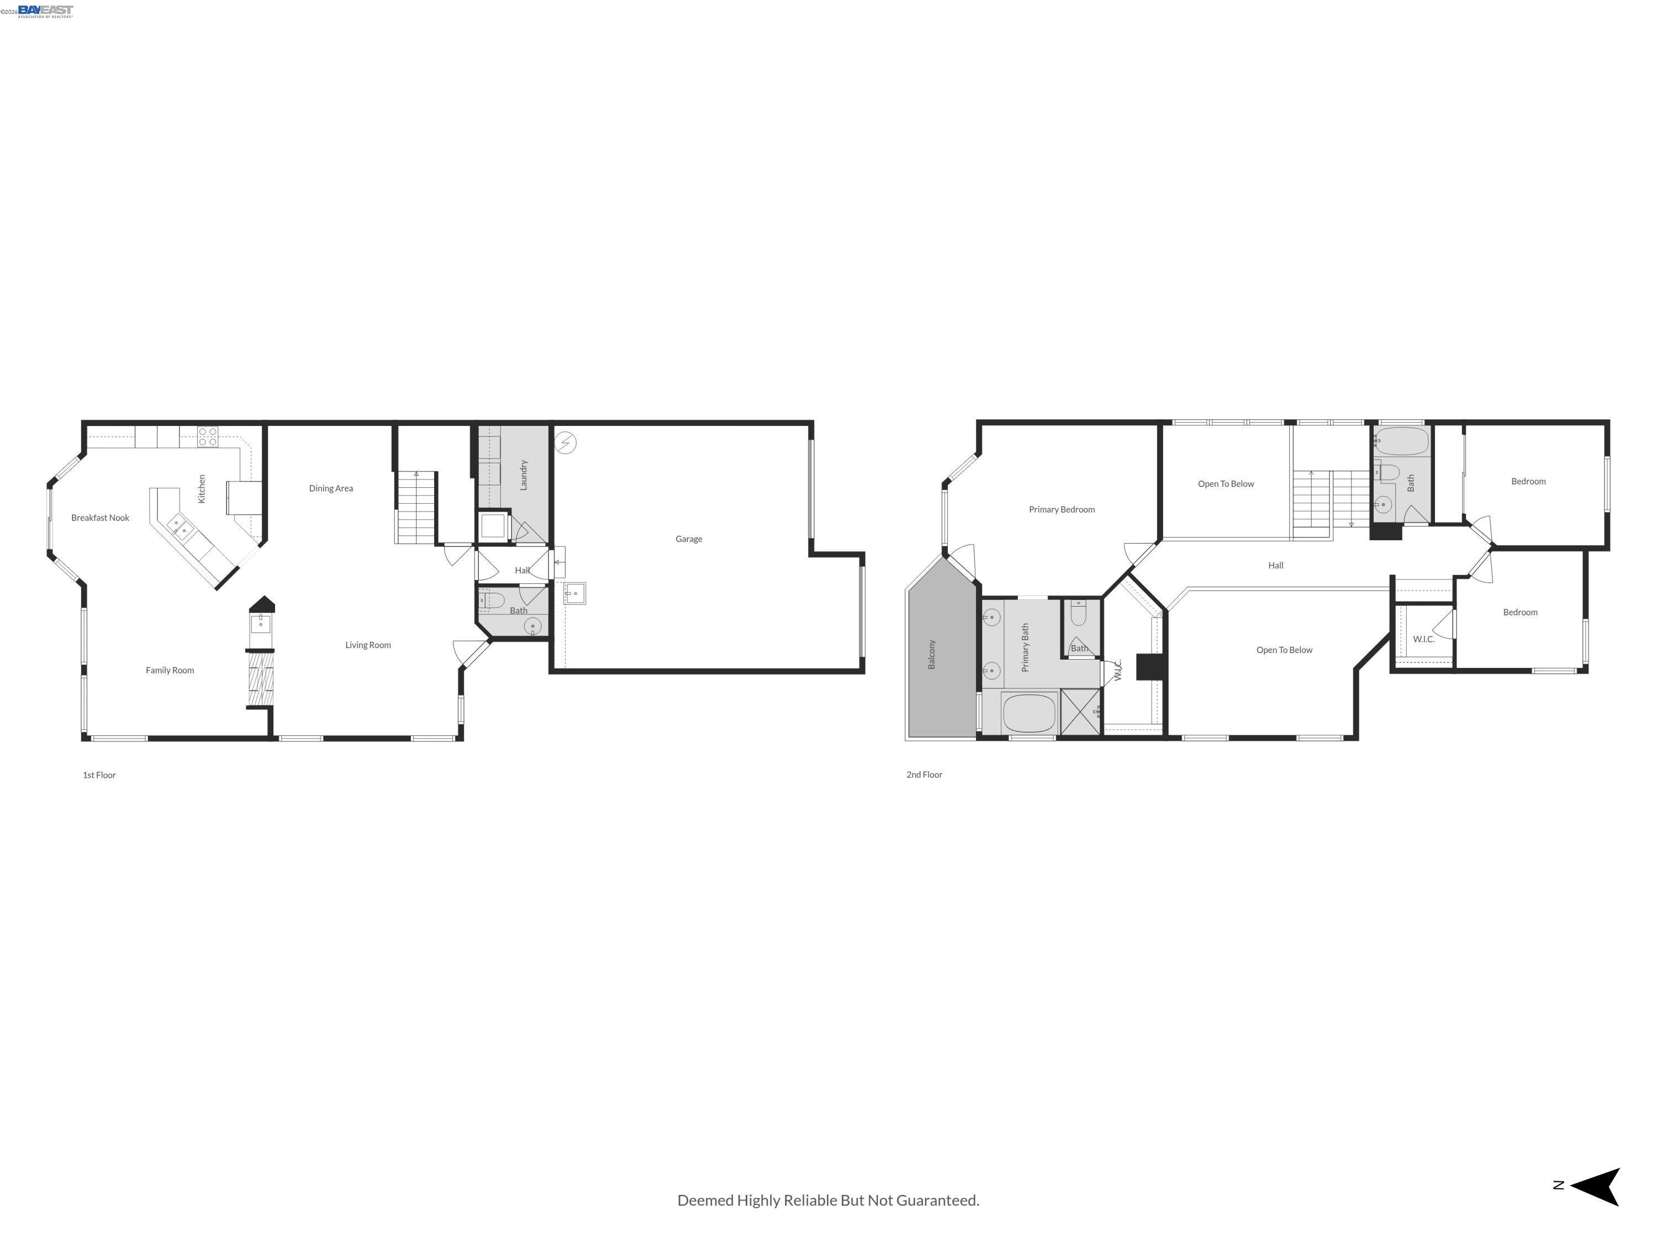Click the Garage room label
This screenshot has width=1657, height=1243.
coord(688,539)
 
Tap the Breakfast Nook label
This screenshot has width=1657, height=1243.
coord(101,518)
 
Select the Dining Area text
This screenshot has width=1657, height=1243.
coord(331,488)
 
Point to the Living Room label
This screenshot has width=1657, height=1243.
coord(368,645)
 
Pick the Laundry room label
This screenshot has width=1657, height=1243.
coord(524,475)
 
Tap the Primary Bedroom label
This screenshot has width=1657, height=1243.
coord(1062,509)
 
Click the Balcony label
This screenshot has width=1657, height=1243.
coord(932,654)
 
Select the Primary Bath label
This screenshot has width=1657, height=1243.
coord(1025,647)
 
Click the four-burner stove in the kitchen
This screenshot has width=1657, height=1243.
coord(208,437)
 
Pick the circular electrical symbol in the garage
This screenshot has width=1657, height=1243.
coord(566,443)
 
